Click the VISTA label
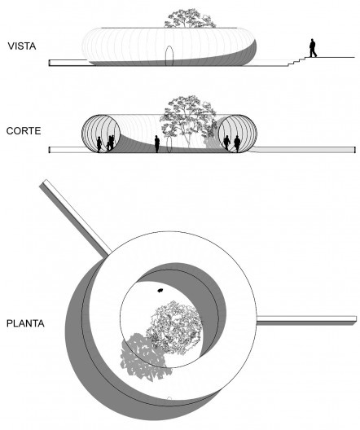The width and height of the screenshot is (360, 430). click(22, 46)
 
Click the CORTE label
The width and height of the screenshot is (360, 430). click(24, 131)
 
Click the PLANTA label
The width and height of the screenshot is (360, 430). click(25, 323)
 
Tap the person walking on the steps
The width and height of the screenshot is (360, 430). click(313, 48)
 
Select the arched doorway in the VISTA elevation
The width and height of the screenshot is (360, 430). click(169, 55)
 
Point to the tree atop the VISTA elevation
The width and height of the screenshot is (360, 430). click(189, 19)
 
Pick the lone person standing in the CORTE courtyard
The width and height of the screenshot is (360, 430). click(157, 143)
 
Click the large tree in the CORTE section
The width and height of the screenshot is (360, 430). click(188, 121)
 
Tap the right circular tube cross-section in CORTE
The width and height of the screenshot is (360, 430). click(238, 134)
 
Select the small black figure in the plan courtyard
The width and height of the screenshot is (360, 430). click(160, 290)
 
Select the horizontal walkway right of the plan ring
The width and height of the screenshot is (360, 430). click(307, 321)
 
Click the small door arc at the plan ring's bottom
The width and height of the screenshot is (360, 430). click(169, 398)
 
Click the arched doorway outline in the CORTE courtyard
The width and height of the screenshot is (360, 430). click(170, 145)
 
